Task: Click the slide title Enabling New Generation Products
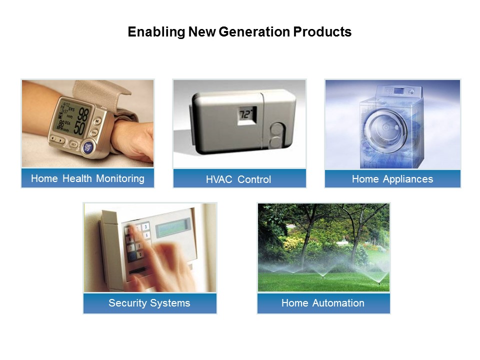point(239,32)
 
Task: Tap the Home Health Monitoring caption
point(87,178)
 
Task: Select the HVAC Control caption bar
point(239,179)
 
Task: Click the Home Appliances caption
point(392,179)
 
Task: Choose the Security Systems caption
point(149,303)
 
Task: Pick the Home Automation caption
point(323,303)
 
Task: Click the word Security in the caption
point(126,303)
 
